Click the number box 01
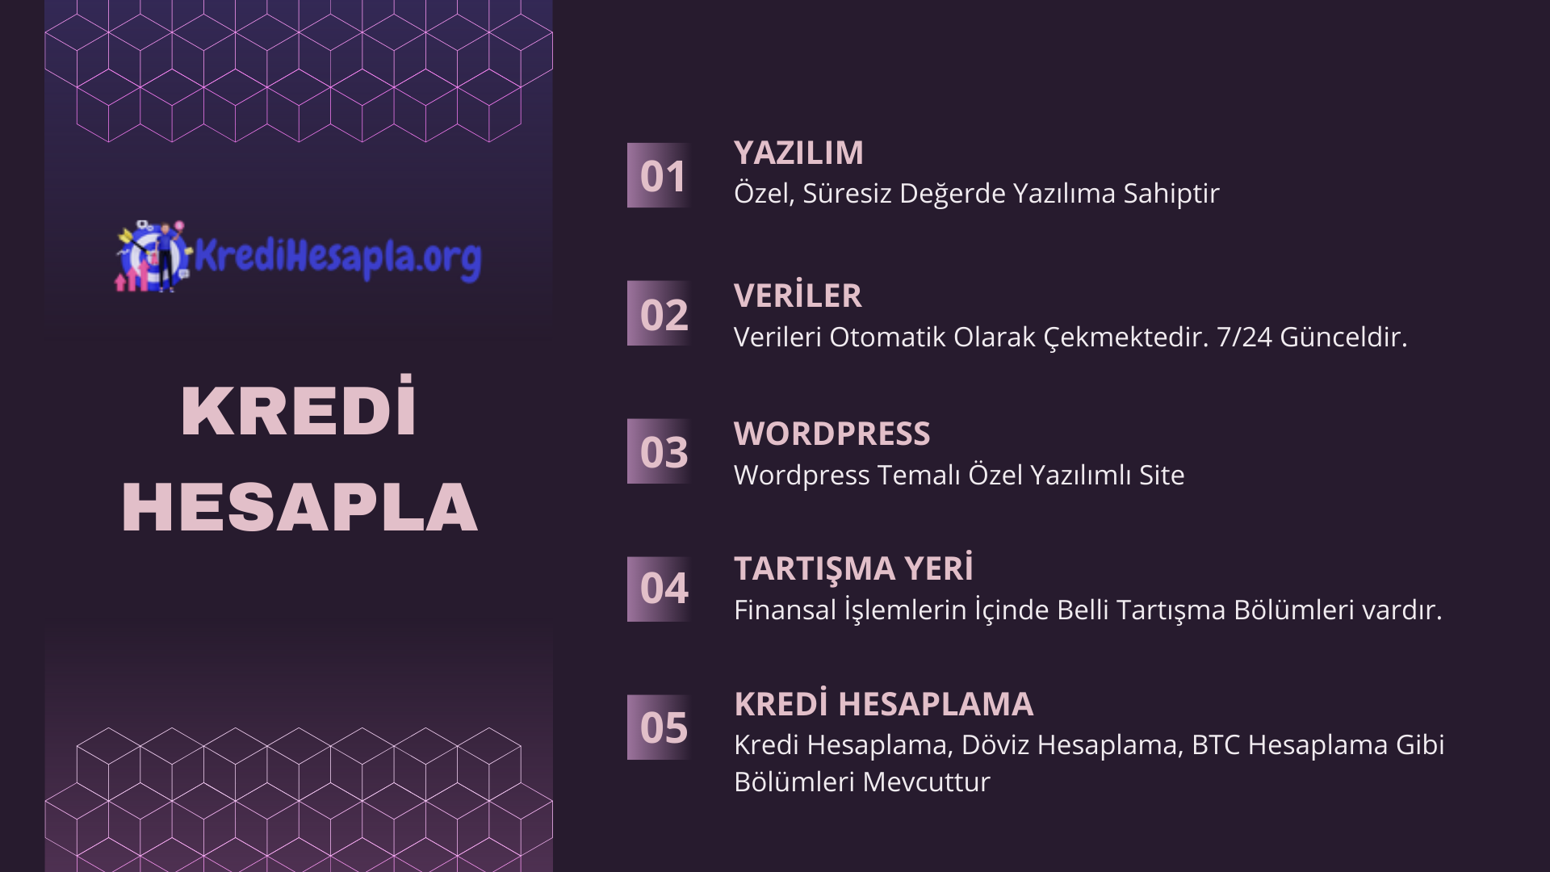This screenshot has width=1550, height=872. (x=659, y=175)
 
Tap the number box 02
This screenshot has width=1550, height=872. (x=659, y=313)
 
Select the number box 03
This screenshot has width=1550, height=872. (x=659, y=451)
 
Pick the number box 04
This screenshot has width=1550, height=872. (x=659, y=589)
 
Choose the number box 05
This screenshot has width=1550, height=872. (x=659, y=727)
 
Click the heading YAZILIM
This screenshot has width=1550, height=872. (x=798, y=153)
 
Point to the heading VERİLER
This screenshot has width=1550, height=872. (x=798, y=295)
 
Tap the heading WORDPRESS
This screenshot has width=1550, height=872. (x=832, y=434)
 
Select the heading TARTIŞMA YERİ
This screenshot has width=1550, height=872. (x=853, y=568)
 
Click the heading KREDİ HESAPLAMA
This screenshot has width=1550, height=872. (x=883, y=703)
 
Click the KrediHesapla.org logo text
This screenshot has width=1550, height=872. (x=337, y=257)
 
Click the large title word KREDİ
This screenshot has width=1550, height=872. (x=299, y=407)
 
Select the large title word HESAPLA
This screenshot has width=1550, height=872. (x=300, y=507)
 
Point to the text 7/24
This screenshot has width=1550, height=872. (x=1244, y=337)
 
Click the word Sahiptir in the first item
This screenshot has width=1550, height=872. (x=1171, y=194)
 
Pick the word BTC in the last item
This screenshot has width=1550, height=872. (x=1216, y=744)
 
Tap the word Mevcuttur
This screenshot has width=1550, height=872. (x=926, y=782)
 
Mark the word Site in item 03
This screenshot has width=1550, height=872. (x=1162, y=475)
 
